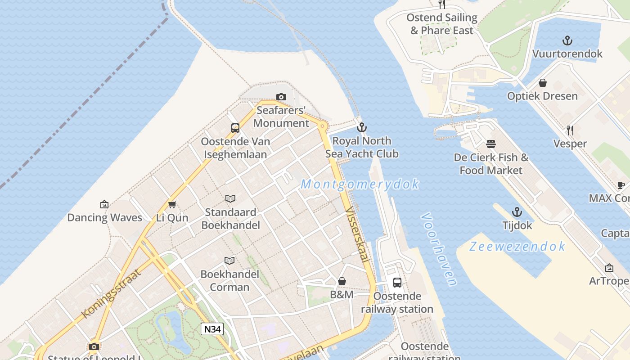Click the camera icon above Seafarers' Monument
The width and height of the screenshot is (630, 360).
point(281,97)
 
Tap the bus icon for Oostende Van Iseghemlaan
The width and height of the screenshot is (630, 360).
point(235,128)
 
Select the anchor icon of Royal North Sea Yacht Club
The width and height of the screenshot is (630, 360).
point(361,127)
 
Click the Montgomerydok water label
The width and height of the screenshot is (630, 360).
point(360,184)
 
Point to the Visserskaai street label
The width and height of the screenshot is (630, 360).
point(358,234)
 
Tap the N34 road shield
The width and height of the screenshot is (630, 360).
point(212,329)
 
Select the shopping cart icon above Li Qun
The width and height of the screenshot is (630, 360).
point(172,205)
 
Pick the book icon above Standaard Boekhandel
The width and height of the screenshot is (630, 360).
point(230,198)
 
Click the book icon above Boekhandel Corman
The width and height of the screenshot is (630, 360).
point(229,261)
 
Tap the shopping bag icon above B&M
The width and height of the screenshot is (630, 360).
point(342,281)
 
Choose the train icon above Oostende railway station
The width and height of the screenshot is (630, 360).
point(397,283)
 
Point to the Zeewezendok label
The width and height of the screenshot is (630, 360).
point(517,246)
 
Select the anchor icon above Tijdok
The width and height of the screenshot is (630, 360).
point(517,212)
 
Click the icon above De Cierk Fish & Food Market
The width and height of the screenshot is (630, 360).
point(491,144)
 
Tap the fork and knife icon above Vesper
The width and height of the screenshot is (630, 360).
point(570,130)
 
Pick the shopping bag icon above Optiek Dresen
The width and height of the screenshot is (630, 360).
point(543,83)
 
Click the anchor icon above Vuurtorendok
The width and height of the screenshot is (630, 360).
point(567,40)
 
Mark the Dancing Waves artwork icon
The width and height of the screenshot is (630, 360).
point(104,204)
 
